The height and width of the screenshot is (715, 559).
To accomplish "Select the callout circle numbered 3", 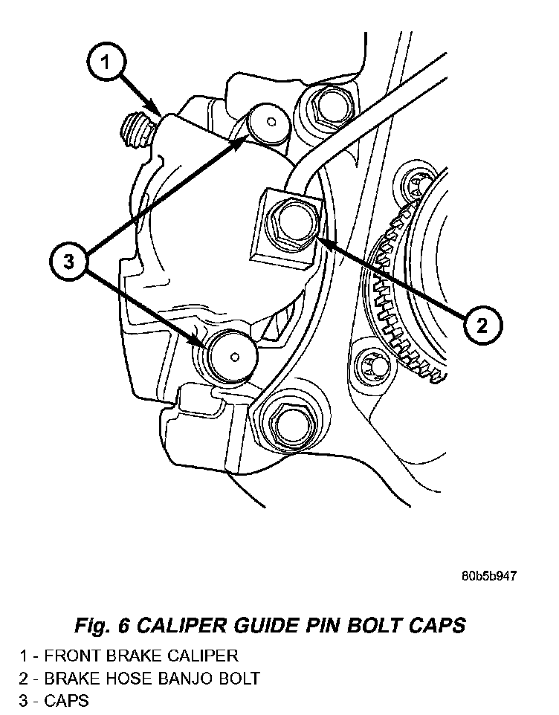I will pyautogui.click(x=69, y=262).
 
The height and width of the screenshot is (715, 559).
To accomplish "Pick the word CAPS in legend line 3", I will pyautogui.click(x=66, y=700).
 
